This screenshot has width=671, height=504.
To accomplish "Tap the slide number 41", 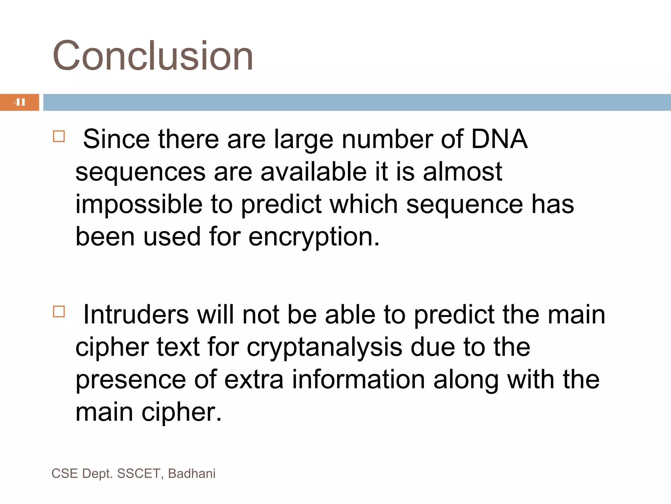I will tap(20, 102).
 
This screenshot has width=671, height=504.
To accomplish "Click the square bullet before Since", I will tap(59, 136).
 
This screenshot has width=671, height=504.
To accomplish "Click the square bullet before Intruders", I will tap(59, 311).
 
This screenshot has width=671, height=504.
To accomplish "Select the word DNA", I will tap(499, 139).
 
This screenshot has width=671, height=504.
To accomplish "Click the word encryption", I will tap(314, 237).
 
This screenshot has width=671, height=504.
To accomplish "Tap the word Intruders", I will tap(136, 314).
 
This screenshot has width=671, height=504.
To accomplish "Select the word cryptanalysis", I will tap(324, 348).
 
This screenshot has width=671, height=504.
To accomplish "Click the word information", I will tap(358, 380).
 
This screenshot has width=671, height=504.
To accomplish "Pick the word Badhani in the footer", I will tap(192, 474).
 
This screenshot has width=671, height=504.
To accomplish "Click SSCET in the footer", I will tap(139, 474).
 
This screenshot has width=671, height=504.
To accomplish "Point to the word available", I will tap(313, 172).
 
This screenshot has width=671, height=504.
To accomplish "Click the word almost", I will tap(462, 172).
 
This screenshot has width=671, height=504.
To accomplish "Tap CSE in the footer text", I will tap(65, 474).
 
